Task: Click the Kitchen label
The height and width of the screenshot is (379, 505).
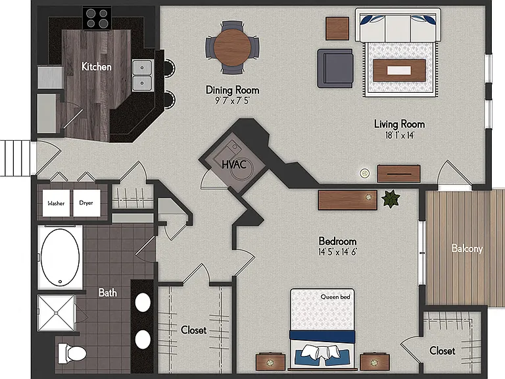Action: click(x=96, y=66)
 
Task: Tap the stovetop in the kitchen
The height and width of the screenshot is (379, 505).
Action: click(x=97, y=18)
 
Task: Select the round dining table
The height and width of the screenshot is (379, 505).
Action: click(x=232, y=47)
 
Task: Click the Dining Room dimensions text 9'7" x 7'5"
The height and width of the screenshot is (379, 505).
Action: click(x=232, y=101)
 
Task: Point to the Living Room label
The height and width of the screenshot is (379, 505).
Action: click(x=399, y=124)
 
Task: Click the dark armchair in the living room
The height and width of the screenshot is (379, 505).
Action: click(x=335, y=68)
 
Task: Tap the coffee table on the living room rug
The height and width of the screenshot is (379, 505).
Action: click(x=399, y=70)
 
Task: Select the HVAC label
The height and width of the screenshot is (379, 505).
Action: click(x=234, y=164)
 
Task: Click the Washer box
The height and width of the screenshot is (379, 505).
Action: click(x=56, y=203)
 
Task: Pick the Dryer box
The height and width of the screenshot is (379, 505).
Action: click(x=86, y=203)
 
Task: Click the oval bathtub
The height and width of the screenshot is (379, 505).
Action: click(x=60, y=257)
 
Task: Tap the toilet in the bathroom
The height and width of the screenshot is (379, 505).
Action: click(x=72, y=353)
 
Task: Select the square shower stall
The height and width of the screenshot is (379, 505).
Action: click(x=57, y=313)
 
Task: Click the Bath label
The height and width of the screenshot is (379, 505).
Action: click(x=108, y=293)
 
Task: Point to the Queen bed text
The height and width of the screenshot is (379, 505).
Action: click(x=335, y=297)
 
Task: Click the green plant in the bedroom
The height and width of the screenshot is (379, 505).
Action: click(x=391, y=199)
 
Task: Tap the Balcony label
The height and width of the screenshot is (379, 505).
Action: click(x=467, y=249)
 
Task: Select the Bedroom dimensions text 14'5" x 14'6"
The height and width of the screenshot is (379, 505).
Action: click(x=337, y=252)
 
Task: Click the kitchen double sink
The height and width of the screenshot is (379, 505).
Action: click(x=142, y=76)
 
